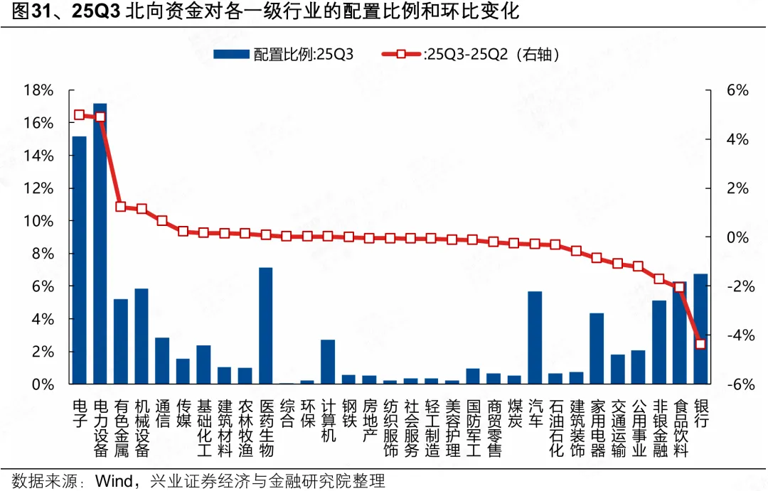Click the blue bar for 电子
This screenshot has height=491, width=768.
pos(79,260)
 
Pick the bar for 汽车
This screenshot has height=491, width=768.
pos(535,338)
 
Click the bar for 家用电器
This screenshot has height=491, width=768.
pos(597,348)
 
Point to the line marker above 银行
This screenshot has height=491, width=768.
pos(700,344)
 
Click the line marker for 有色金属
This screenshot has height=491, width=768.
pos(121,207)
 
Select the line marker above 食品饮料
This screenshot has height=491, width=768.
pos(680,287)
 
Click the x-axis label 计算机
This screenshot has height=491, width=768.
pos(328,421)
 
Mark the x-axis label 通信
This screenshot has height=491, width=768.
pos(162,413)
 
